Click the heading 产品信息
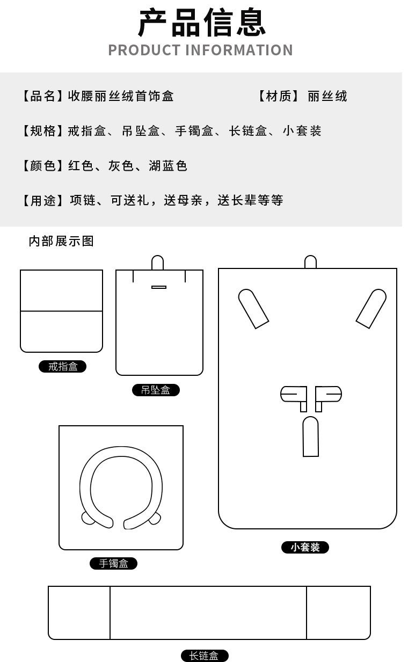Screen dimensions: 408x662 pos(202,23)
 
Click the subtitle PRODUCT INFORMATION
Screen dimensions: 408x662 pos(200,50)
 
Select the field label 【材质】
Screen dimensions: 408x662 pos(278,96)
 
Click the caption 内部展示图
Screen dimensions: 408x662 pos(61,241)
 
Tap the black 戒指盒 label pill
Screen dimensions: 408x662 pos(63,367)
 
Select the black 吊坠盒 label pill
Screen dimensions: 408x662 pos(156,390)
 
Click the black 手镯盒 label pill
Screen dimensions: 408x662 pos(113,564)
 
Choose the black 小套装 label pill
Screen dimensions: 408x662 pos(305,548)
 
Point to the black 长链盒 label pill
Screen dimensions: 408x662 pos(204,656)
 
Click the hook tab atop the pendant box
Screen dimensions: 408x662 pos(157,263)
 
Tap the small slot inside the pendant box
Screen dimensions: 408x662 pos(159,287)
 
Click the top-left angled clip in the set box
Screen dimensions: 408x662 pos(253,308)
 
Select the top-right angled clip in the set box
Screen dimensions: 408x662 pos(371,308)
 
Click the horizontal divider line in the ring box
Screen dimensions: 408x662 pos(61,311)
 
